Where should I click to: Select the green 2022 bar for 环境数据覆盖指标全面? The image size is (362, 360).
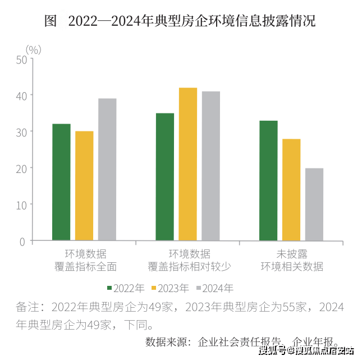point(61,183)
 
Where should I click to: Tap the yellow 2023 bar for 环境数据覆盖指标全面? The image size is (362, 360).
point(84,186)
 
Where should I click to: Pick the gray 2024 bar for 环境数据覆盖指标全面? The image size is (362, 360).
point(107,170)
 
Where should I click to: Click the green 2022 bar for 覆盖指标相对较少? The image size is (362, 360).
point(165,177)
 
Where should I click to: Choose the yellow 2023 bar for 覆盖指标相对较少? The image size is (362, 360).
point(188,165)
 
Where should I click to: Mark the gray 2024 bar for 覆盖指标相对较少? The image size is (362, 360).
point(211,166)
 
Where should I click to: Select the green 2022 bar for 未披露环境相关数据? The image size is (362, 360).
point(268,181)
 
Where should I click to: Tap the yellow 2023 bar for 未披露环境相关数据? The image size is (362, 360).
point(291,190)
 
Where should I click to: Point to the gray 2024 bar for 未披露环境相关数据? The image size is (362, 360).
point(314,204)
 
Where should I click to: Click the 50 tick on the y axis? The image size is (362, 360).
point(22,59)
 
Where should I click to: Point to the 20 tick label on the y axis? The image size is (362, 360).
point(22,168)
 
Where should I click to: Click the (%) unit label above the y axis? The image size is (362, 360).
point(34,49)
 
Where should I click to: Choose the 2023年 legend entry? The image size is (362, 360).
point(171,289)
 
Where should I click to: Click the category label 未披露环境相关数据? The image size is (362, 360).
point(291,260)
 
